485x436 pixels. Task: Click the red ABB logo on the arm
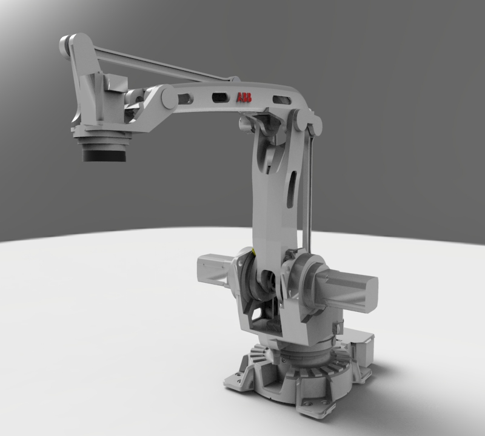[x=244, y=98]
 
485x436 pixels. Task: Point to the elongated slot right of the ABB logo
[x=280, y=100]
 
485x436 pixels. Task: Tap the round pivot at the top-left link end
[x=65, y=45]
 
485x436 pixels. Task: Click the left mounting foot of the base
[x=241, y=379]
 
